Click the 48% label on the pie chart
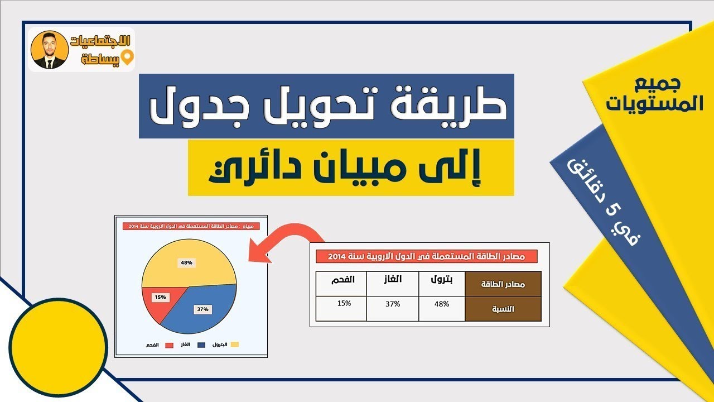tap(186, 262)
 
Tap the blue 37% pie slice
tap(198, 313)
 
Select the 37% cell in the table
tap(393, 304)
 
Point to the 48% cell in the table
tap(441, 304)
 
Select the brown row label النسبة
tap(503, 309)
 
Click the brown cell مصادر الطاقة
tap(503, 284)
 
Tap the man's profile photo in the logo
tap(50, 50)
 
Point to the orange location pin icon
tap(128, 58)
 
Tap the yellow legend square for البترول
tap(234, 344)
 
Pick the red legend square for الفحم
tap(169, 345)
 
